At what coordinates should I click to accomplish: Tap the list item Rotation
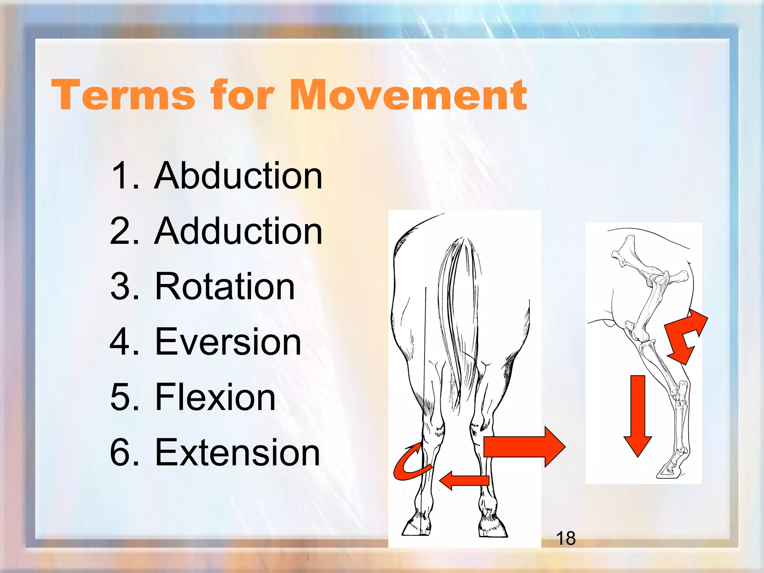pyautogui.click(x=225, y=286)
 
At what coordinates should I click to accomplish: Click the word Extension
pyautogui.click(x=237, y=453)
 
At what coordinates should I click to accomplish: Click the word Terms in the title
pyautogui.click(x=123, y=95)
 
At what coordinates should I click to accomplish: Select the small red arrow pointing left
pyautogui.click(x=464, y=480)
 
